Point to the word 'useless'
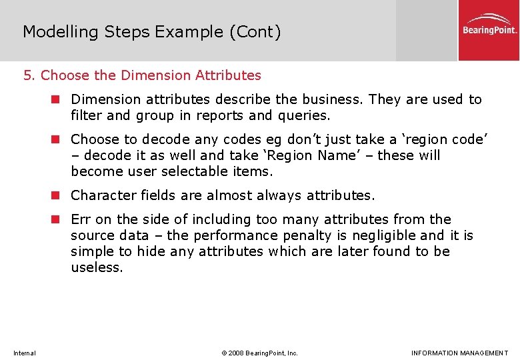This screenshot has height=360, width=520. [x=96, y=267]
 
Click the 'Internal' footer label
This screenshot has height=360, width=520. [x=25, y=353]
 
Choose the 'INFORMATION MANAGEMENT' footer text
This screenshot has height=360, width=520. [x=459, y=353]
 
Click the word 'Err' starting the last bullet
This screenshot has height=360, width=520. [x=81, y=219]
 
